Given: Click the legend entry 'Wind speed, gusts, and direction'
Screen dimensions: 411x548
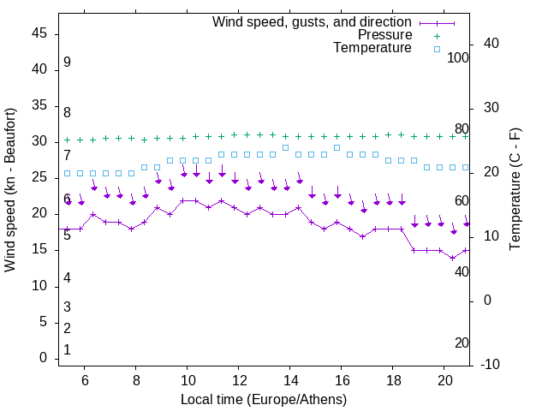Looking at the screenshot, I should click(312, 21).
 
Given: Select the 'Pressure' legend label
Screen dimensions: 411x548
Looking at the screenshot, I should click(384, 35).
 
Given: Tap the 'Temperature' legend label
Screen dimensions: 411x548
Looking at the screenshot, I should click(372, 48).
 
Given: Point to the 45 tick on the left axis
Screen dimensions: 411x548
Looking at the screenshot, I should click(39, 33).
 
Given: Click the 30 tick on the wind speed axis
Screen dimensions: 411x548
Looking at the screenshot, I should click(39, 141).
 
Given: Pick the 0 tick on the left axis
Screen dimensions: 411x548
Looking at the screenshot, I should click(43, 358).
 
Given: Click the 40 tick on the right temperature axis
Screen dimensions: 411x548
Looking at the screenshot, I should click(492, 44).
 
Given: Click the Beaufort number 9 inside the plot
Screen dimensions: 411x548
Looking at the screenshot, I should click(67, 63).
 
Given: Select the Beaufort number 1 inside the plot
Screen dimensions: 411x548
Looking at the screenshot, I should click(67, 350).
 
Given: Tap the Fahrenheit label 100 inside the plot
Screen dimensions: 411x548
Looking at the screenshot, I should click(458, 57).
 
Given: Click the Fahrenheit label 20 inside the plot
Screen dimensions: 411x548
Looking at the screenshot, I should click(462, 342).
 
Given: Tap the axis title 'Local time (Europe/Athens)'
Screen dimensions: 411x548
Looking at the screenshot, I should click(264, 400).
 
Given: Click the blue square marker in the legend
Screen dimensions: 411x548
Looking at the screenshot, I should click(437, 49).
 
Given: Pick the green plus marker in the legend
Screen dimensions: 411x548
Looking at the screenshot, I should click(437, 36).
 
